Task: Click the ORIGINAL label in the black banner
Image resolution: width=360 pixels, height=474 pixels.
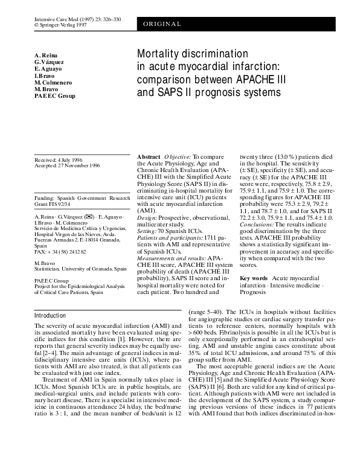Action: click(162, 24)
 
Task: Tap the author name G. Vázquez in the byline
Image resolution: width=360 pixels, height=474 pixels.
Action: click(50, 62)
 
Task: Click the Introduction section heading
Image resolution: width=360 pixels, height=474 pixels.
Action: click(50, 315)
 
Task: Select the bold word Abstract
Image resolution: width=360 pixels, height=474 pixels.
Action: click(149, 156)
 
